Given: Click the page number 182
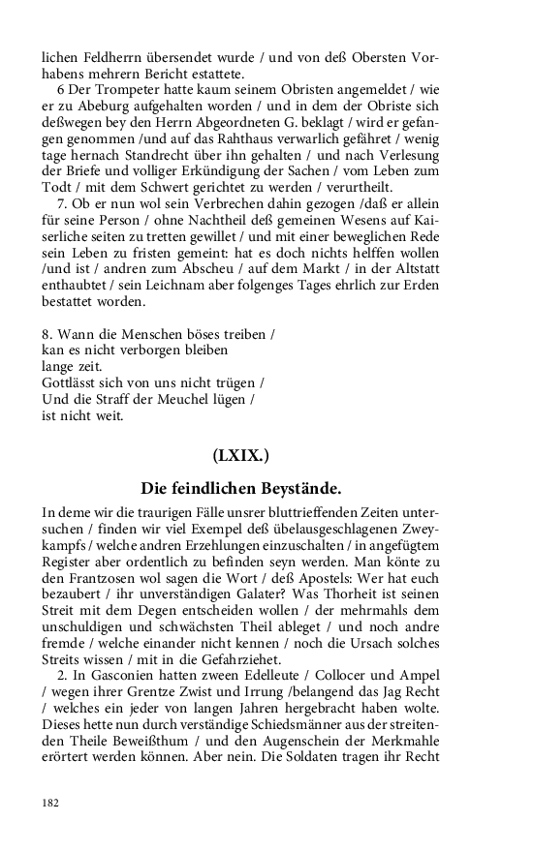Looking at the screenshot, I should coord(50,803).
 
